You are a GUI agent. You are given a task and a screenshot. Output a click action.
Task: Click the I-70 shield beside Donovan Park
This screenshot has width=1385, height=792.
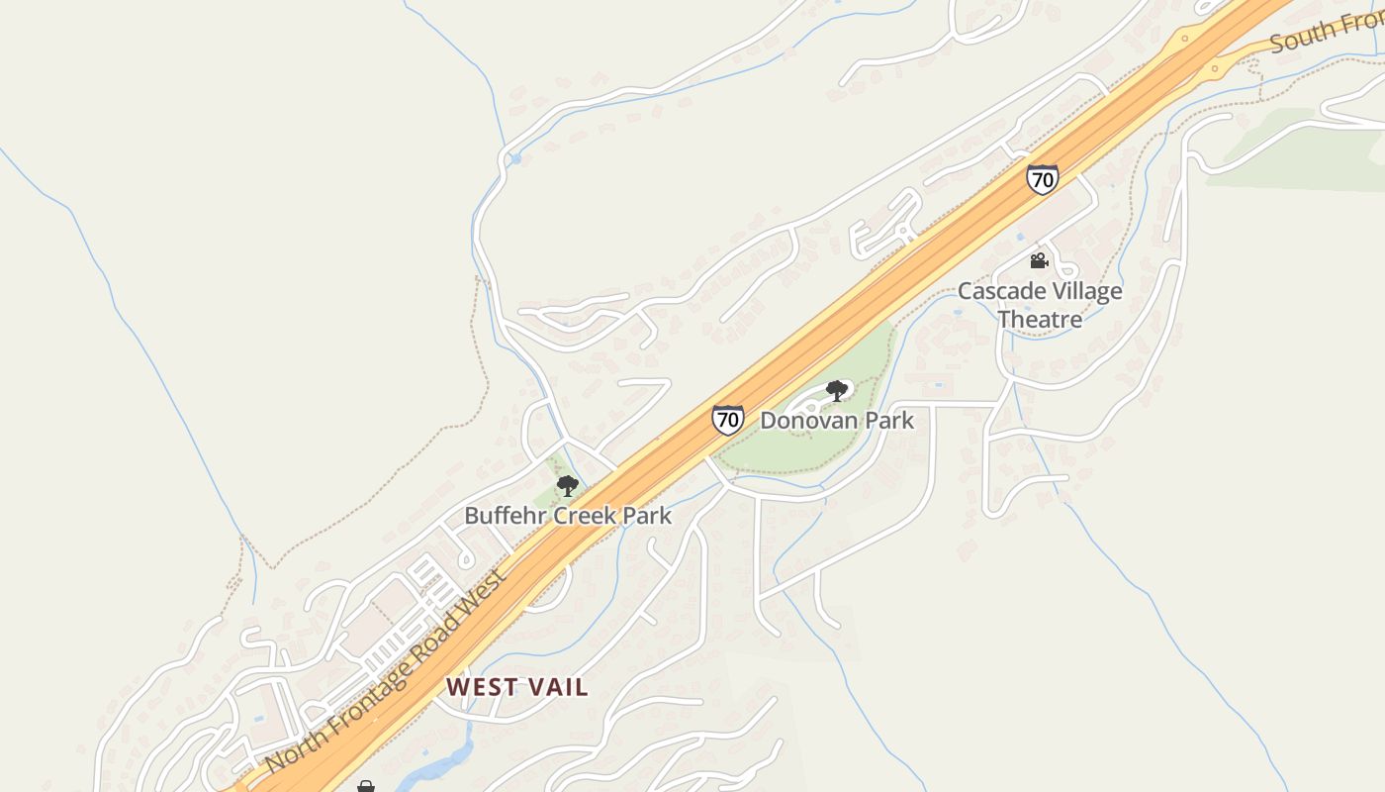[728, 419]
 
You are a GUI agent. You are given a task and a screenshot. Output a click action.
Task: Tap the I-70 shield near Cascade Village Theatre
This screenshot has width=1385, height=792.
[1042, 179]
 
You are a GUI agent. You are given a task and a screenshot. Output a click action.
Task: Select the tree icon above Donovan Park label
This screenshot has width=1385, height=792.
[837, 390]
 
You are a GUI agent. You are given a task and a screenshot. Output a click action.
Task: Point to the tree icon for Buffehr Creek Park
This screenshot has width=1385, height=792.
[567, 485]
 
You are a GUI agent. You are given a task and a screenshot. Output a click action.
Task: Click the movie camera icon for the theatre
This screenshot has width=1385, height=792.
[1039, 260]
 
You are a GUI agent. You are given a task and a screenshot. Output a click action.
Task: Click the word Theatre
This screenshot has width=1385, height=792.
[1039, 319]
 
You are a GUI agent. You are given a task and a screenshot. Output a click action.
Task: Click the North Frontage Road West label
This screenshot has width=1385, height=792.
[387, 672]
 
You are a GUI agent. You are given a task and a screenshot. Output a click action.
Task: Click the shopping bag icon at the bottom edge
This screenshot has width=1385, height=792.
[366, 786]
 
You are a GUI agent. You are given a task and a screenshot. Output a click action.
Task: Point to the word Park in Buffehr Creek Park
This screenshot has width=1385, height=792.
[646, 516]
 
